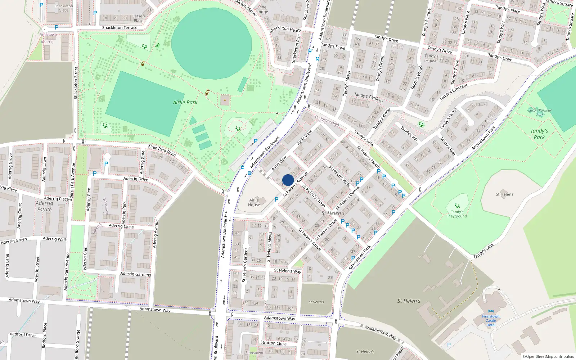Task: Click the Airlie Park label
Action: point(185,102)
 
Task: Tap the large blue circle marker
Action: point(288,180)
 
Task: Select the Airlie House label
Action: point(254,202)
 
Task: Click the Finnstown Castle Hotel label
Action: point(491,320)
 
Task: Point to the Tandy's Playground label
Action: point(457,214)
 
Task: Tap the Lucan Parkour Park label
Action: point(540,112)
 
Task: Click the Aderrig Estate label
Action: point(44,206)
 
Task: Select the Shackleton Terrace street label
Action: point(120,28)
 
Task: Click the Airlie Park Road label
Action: point(162,150)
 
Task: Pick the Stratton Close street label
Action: point(273,343)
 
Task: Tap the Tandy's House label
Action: point(431,58)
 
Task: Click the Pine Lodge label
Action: point(262,9)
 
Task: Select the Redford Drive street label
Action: point(23,334)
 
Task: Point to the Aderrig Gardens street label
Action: point(135,274)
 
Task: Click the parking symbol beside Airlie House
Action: point(276,199)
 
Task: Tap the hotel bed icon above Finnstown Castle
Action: point(491,311)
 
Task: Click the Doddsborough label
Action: point(327,120)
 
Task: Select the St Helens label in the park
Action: point(504,194)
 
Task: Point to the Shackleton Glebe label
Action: point(64,8)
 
